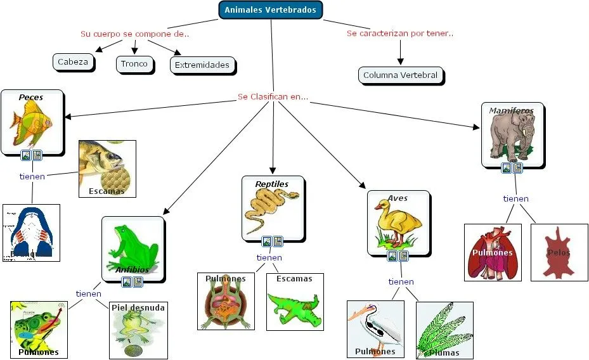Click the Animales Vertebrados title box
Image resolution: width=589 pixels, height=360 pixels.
pos(270,10)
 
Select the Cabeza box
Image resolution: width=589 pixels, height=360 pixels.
pos(73,62)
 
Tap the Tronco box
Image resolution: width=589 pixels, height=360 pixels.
pos(134,63)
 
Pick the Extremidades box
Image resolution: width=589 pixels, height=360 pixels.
pos(202,65)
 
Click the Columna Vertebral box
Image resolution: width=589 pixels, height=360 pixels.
pos(400,75)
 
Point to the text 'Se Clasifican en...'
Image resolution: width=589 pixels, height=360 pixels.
pos(273,97)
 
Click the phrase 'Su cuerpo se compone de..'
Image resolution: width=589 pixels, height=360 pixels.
pos(134,34)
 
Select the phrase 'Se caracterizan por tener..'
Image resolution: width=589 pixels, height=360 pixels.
pos(399,33)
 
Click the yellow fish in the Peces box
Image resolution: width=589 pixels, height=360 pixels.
pos(30,124)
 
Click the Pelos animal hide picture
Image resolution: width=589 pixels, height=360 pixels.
pos(559,252)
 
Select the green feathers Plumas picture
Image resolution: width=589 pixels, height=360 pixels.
pos(444,330)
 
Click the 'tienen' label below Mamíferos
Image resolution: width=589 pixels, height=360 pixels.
pos(515,198)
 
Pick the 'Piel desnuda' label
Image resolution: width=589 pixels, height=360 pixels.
pos(138,307)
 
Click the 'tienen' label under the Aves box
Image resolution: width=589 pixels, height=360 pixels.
pos(401,281)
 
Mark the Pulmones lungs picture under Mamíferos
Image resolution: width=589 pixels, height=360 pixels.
pos(492,252)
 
